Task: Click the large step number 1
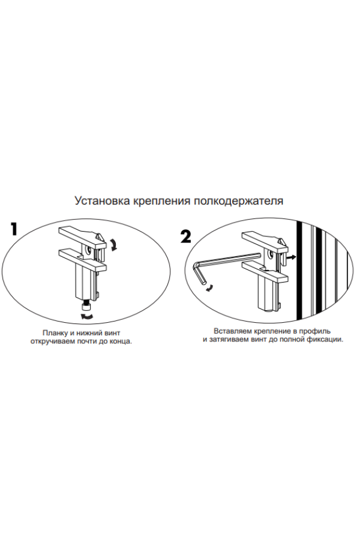coord(14,229)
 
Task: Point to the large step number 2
coord(185,237)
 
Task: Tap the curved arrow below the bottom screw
coord(86,316)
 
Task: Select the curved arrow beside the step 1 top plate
coord(113,244)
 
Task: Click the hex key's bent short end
coord(199,273)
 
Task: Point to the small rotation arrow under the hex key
coord(209,289)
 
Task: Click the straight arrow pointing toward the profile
coord(292,257)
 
